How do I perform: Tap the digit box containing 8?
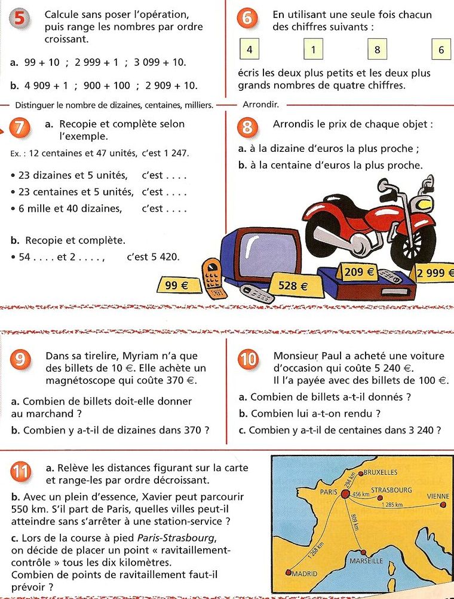tap(377, 50)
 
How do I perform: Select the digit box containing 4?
tap(249, 50)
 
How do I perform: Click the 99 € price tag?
tap(176, 286)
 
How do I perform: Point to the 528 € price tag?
tap(293, 286)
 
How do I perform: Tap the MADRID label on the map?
tap(303, 573)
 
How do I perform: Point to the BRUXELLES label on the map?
tap(381, 472)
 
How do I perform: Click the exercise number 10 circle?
tap(247, 359)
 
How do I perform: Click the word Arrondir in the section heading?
tap(261, 105)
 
